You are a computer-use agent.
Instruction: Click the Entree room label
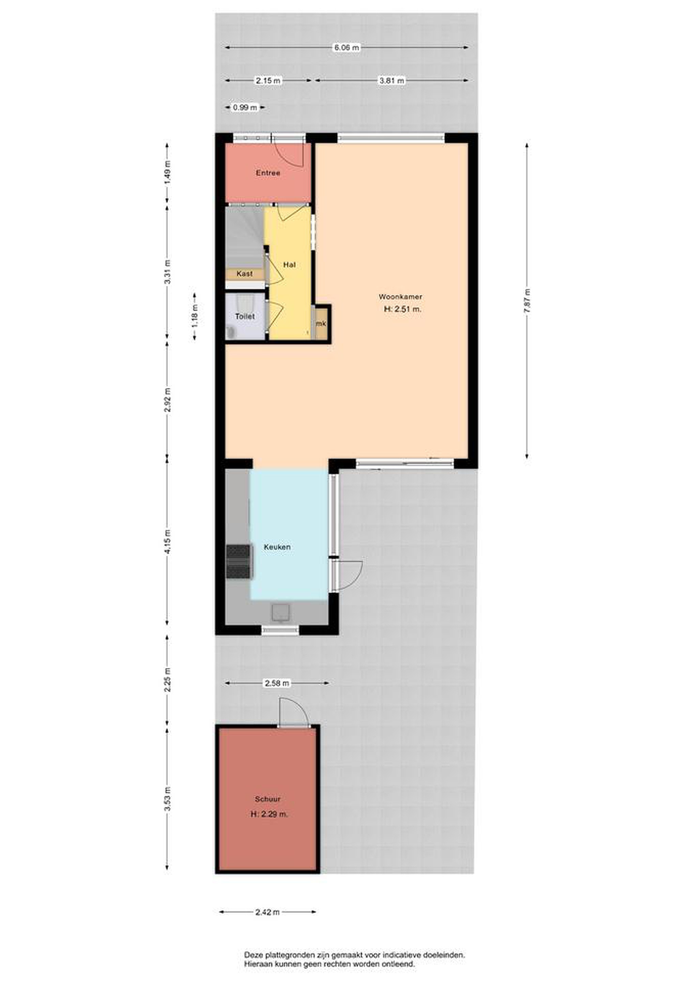click(268, 173)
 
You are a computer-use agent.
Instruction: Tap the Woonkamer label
click(400, 297)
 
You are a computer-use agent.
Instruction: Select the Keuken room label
click(277, 547)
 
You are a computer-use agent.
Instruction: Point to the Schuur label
click(267, 799)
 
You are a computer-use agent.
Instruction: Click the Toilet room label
click(245, 316)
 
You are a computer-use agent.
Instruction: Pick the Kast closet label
click(244, 274)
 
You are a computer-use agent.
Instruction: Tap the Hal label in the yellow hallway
click(289, 265)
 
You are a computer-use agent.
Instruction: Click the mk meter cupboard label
click(321, 324)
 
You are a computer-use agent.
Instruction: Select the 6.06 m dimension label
click(346, 47)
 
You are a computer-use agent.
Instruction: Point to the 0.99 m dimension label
click(245, 108)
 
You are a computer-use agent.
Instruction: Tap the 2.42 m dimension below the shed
click(267, 912)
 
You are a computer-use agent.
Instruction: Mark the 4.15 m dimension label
click(168, 542)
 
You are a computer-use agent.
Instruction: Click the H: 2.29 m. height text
click(269, 814)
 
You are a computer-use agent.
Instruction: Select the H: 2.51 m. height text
click(403, 309)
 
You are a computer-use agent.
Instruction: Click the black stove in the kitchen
click(238, 562)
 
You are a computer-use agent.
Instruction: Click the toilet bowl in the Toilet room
click(231, 332)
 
